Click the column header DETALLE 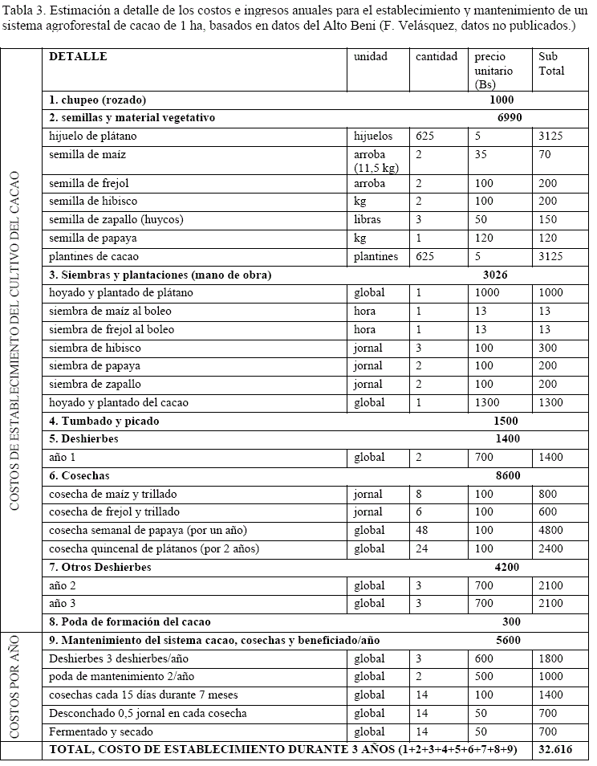(x=78, y=57)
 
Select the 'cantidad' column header (x=437, y=57)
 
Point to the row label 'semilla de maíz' (x=87, y=154)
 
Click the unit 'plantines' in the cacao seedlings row (x=376, y=256)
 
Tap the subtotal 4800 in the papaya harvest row (x=551, y=530)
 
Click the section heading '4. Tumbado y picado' (x=104, y=421)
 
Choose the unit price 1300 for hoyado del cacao (x=487, y=402)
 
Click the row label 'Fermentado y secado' (x=101, y=731)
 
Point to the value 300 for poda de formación (x=510, y=621)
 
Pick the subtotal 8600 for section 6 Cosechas (x=508, y=475)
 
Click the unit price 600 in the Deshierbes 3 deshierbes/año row (x=484, y=658)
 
